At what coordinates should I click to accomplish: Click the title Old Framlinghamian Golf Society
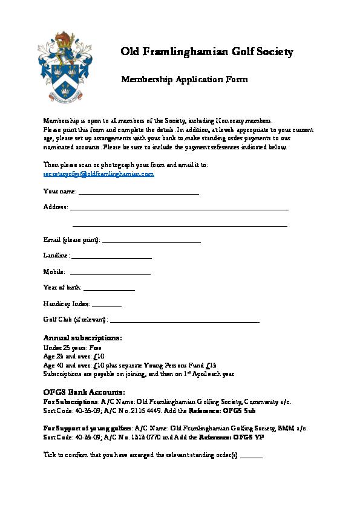point(208,52)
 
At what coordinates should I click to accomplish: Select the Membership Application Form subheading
point(185,79)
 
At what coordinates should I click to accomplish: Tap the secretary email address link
point(99,173)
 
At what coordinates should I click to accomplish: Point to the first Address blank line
point(179,208)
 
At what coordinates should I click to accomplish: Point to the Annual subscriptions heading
point(83,337)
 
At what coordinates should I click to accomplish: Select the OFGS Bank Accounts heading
point(84,392)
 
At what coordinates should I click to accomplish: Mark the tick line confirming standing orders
point(251,456)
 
